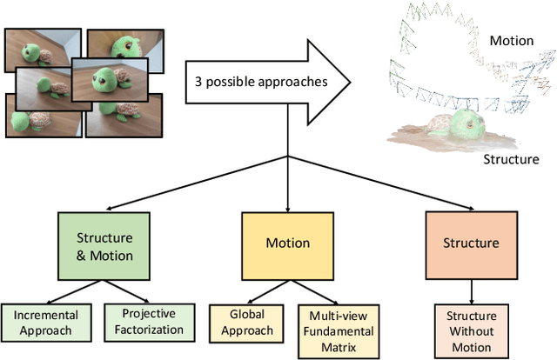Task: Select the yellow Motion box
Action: pos(286,243)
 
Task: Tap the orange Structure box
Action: pos(470,243)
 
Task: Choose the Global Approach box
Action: pos(246,322)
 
